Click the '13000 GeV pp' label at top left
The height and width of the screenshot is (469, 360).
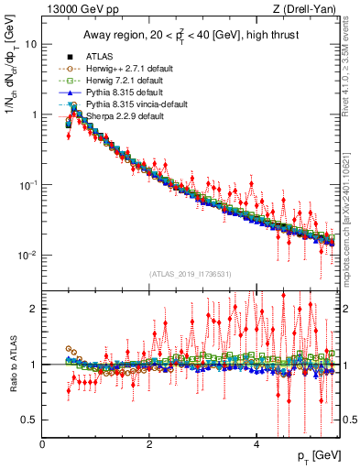click(x=75, y=9)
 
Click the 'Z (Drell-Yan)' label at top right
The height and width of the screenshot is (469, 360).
click(x=309, y=9)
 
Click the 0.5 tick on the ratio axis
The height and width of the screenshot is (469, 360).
click(x=29, y=420)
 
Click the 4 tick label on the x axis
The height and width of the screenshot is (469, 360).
click(x=256, y=443)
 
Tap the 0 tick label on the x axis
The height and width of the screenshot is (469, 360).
click(x=43, y=443)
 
